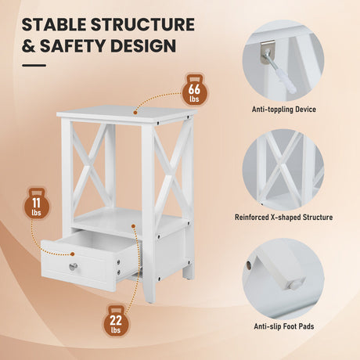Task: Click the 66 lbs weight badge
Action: pyautogui.click(x=194, y=90)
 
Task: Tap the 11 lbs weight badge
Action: pyautogui.click(x=37, y=203)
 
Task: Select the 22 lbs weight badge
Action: pyautogui.click(x=116, y=321)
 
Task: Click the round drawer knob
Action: pyautogui.click(x=74, y=266)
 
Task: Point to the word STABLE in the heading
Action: pyautogui.click(x=54, y=24)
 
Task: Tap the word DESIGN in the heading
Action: pyautogui.click(x=143, y=45)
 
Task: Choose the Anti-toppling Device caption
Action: pyautogui.click(x=284, y=110)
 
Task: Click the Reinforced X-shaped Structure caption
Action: pyautogui.click(x=283, y=218)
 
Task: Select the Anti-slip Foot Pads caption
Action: pyautogui.click(x=284, y=326)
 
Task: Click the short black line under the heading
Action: pyautogui.click(x=34, y=66)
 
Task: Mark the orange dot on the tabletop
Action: pyautogui.click(x=135, y=113)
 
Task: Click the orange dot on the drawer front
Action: pyautogui.click(x=73, y=254)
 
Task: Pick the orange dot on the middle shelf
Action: pyautogui.click(x=133, y=226)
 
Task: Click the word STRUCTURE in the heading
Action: pyautogui.click(x=142, y=24)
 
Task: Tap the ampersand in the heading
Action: pyautogui.click(x=28, y=45)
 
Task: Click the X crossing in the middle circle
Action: pyautogui.click(x=280, y=167)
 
